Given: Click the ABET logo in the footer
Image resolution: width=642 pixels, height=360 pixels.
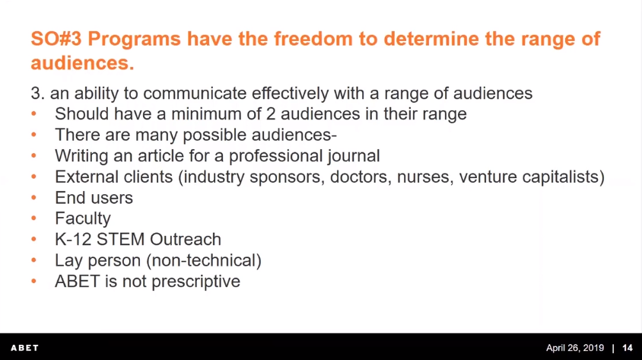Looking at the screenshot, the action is (24, 348).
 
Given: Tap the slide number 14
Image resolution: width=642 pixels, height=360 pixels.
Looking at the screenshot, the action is (628, 348).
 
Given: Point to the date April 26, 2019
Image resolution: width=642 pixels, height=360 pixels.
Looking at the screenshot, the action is (575, 348).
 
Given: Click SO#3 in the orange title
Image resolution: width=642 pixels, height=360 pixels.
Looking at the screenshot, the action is (56, 39).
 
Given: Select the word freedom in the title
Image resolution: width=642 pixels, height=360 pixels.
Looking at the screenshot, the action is (313, 39).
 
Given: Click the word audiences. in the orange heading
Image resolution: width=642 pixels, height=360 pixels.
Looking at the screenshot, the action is (82, 62).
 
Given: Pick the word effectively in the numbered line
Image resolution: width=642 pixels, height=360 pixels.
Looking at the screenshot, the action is (290, 94).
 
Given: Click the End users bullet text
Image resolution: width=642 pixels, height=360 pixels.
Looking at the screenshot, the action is (94, 198).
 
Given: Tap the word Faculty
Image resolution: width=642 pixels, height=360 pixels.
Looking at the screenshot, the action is (83, 218).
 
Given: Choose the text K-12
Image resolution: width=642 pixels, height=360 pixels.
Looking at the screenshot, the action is (73, 240).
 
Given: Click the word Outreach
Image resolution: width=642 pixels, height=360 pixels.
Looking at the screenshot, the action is (186, 240).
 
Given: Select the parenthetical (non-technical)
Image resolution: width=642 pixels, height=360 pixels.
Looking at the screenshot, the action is (204, 260).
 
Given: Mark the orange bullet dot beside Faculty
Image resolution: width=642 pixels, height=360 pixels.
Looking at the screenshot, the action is (33, 218).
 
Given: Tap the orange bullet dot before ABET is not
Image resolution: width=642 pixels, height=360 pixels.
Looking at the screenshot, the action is (33, 281).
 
